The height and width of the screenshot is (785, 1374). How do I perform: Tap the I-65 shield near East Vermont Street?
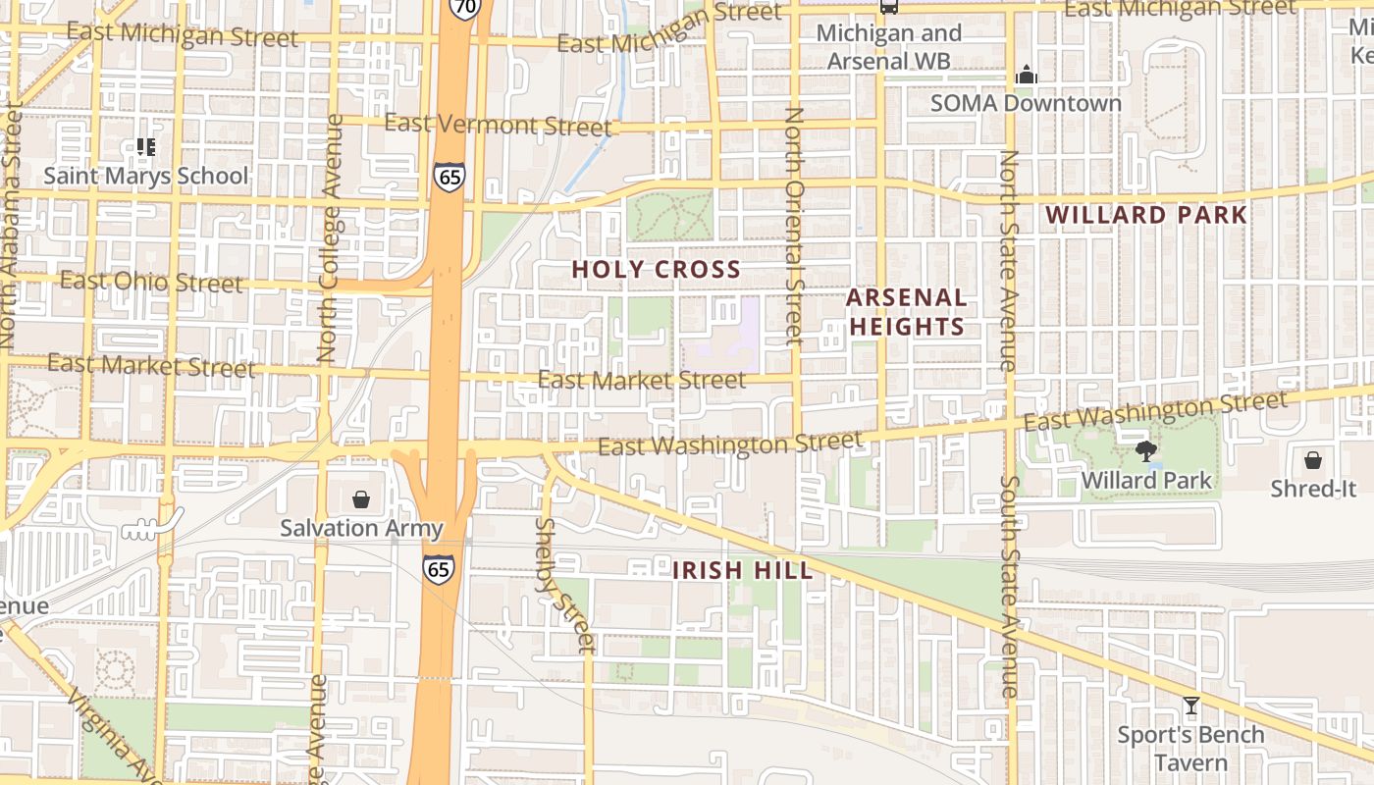coord(449,177)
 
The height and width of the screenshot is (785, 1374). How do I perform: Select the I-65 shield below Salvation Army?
coord(439,568)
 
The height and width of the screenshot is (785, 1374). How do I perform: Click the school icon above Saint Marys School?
coord(146,147)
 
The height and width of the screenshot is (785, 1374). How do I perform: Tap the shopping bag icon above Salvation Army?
coord(361,499)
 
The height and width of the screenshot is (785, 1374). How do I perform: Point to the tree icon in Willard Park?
coord(1145,451)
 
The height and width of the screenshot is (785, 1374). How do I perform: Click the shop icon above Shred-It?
coord(1312,459)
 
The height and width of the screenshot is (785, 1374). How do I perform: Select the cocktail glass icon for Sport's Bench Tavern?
coord(1190,705)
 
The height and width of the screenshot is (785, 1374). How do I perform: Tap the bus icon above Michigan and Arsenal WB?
coord(888,6)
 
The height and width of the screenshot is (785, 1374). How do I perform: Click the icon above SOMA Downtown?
coord(1027,75)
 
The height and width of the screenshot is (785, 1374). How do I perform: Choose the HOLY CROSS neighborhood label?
coord(656,269)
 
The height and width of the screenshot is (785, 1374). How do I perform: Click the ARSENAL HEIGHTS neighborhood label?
coord(906,312)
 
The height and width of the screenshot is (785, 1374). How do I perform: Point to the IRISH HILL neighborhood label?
coord(742,570)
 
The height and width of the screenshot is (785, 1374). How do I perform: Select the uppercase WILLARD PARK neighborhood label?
coord(1145,215)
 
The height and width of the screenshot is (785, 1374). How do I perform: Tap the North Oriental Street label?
coord(794,227)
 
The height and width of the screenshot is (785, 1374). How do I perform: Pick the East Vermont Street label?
coord(498,125)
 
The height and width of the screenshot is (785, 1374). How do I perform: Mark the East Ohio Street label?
coord(151,282)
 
